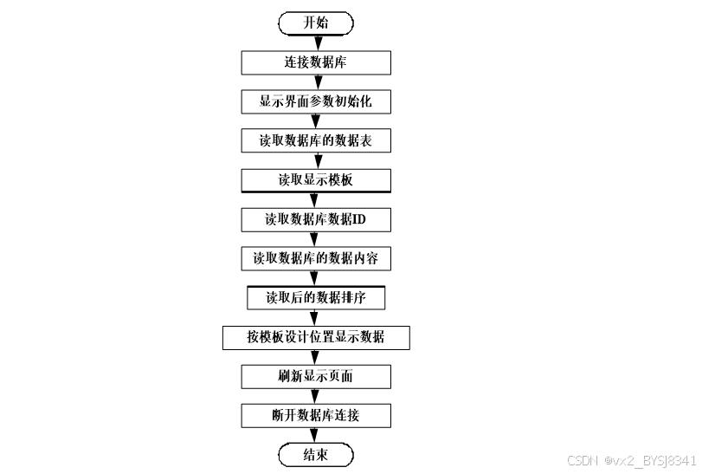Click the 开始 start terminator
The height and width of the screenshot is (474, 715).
click(315, 23)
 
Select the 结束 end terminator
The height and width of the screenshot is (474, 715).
click(315, 456)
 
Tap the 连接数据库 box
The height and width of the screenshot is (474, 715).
click(315, 62)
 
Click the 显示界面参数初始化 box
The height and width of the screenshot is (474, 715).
click(315, 101)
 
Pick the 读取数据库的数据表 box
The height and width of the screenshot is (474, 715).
click(315, 141)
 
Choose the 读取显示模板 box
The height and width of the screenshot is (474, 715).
click(315, 180)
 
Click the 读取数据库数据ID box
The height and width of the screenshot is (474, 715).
click(315, 219)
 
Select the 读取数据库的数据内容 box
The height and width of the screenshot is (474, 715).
click(315, 258)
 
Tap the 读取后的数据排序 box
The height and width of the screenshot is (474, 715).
click(315, 298)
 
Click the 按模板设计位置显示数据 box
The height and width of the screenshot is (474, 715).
click(315, 337)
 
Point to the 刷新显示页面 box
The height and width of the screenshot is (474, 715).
click(315, 376)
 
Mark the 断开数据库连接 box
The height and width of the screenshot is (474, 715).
click(315, 416)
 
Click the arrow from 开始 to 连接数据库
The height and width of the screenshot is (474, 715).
click(315, 43)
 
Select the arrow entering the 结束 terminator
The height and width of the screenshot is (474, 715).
click(315, 436)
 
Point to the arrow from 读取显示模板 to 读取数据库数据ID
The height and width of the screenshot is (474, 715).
click(315, 200)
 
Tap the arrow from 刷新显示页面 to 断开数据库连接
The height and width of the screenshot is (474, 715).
click(315, 396)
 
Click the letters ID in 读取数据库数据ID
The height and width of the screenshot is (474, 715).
click(358, 219)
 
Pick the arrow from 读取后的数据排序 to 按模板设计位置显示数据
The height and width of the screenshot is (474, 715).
click(315, 317)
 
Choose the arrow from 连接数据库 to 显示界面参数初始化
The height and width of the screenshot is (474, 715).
click(315, 82)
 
